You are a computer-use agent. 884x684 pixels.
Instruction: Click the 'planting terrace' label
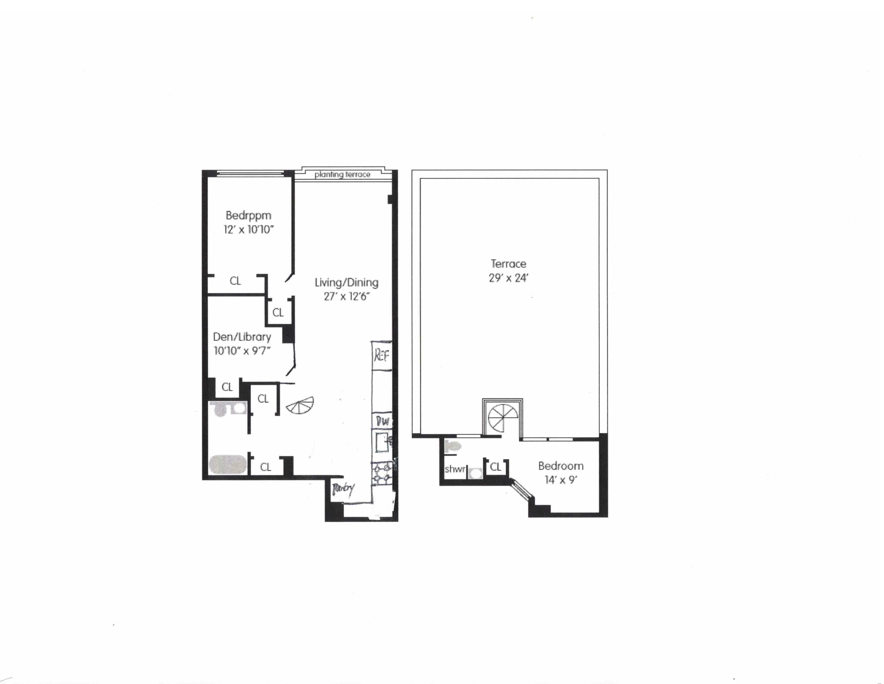(x=342, y=175)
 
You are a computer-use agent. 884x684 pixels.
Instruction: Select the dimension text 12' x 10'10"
(x=249, y=230)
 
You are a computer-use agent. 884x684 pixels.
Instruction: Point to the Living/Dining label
(x=346, y=282)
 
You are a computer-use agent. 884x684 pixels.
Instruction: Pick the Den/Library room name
(x=242, y=337)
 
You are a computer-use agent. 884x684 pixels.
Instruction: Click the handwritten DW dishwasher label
(x=382, y=421)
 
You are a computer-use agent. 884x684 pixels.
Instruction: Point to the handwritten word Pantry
(x=343, y=489)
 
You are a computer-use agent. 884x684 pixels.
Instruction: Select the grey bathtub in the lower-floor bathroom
(x=228, y=464)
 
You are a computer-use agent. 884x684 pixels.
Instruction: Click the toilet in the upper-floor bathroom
(x=452, y=447)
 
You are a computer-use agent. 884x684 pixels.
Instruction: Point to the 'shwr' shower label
(x=455, y=469)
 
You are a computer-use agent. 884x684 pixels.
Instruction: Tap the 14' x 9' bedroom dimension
(x=561, y=480)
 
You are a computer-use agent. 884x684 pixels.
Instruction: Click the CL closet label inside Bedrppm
(x=235, y=281)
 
